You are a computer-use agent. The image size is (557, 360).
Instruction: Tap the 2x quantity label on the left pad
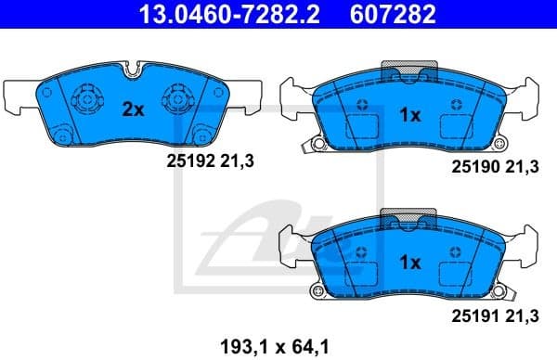[134, 109]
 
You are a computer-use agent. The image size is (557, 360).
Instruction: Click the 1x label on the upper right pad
[410, 116]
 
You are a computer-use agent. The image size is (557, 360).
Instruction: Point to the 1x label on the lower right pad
[410, 263]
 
